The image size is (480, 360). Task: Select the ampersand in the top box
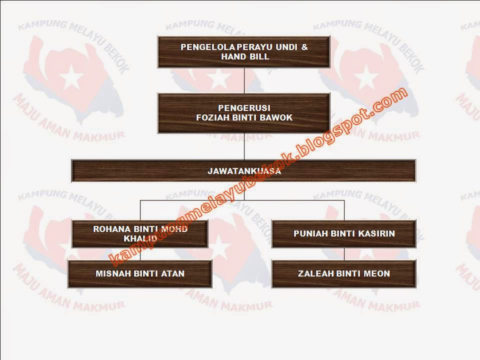(x=304, y=47)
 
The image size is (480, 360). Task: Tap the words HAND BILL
(x=244, y=56)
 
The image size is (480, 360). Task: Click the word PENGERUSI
(x=244, y=108)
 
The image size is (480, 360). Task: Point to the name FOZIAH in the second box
(x=213, y=117)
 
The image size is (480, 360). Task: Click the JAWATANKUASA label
(x=244, y=171)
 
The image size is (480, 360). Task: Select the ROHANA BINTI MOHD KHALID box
(x=139, y=234)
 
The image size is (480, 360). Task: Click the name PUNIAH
(x=310, y=233)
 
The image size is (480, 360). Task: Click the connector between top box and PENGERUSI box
(x=244, y=80)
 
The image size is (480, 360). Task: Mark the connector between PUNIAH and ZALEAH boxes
(x=344, y=254)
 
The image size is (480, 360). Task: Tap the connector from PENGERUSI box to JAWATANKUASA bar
(x=244, y=146)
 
